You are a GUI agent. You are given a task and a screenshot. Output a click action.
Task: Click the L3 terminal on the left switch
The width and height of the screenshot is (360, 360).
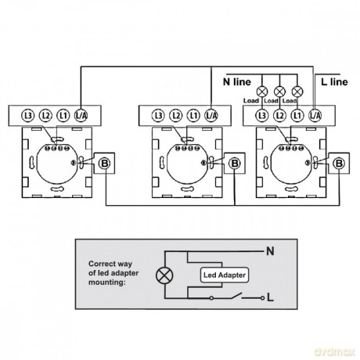click(28, 115)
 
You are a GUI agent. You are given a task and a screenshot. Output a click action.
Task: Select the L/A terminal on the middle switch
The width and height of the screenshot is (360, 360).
click(211, 115)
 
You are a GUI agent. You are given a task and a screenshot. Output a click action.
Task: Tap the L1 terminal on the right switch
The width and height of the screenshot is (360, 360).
click(297, 115)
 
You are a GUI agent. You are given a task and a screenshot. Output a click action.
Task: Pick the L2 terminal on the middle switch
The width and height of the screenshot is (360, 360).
click(176, 115)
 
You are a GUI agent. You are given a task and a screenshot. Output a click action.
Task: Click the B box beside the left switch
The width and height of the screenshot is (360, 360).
click(104, 164)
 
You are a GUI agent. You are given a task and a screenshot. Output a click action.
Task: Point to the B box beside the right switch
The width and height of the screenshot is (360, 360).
click(339, 164)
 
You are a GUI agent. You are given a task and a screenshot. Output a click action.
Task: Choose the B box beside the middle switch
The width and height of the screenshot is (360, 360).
click(235, 164)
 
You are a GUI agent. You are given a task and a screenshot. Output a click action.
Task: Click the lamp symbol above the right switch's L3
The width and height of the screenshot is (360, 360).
click(262, 92)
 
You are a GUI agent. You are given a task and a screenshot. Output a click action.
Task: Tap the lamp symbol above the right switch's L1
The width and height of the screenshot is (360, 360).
click(297, 92)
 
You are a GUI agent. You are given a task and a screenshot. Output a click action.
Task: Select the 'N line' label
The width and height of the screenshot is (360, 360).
click(237, 82)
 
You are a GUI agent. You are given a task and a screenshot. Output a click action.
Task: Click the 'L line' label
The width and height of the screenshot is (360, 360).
click(334, 82)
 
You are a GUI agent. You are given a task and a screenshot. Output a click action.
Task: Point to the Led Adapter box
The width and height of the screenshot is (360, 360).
click(225, 275)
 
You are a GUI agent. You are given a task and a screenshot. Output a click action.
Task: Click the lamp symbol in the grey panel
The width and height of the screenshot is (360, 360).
click(164, 275)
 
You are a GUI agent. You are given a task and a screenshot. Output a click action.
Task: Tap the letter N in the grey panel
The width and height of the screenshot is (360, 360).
click(270, 251)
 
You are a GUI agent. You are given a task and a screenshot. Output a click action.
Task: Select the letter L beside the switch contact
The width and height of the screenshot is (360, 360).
click(271, 297)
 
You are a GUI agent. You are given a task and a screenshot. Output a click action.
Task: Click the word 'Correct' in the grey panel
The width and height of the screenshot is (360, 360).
click(101, 264)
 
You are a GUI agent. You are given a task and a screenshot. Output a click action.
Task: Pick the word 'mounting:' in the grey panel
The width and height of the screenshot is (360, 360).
click(107, 283)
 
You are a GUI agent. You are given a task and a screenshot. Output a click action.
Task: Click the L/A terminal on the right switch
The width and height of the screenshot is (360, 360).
click(315, 115)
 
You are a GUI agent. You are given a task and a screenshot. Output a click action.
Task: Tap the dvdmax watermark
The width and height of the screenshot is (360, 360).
click(335, 352)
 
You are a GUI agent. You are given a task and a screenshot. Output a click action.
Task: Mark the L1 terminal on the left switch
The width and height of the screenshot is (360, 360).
click(63, 115)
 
